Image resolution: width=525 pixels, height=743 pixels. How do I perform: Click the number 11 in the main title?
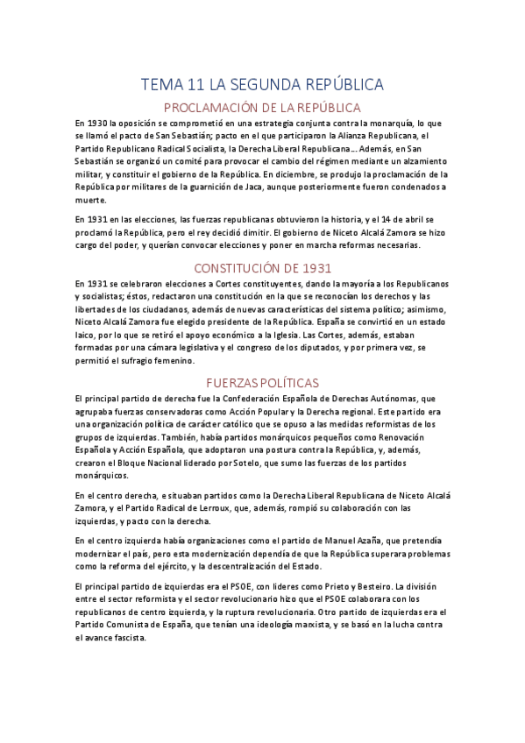pos(196,85)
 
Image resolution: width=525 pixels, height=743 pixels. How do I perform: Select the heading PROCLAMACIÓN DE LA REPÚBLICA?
pos(262,108)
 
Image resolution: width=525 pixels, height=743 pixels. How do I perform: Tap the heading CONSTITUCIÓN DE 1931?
pos(262,268)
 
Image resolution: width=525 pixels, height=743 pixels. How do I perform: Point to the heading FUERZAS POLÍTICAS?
pos(262,383)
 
